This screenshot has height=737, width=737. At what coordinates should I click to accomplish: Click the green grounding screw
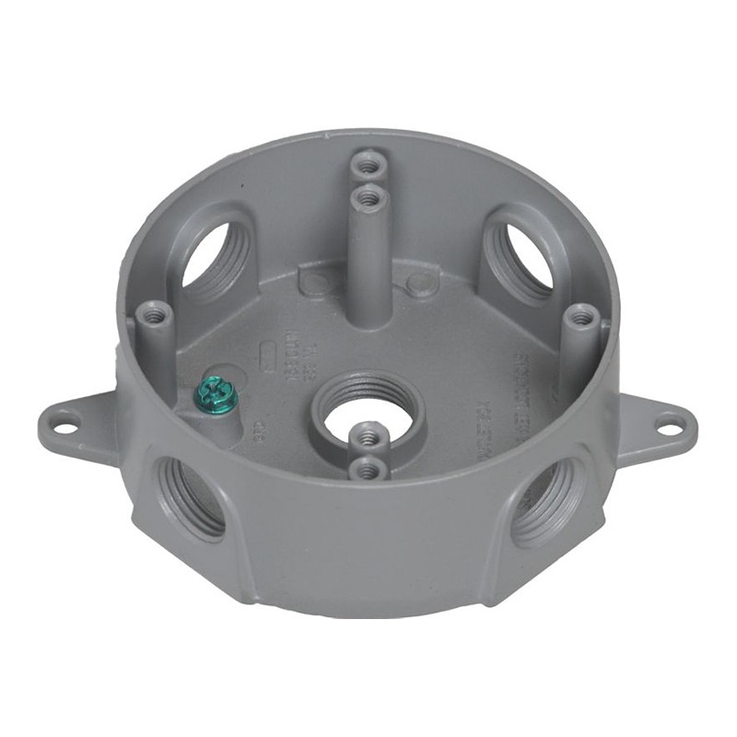tap(216, 394)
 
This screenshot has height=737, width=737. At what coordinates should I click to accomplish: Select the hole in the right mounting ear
tap(670, 426)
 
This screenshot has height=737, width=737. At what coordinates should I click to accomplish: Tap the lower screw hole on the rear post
tap(369, 196)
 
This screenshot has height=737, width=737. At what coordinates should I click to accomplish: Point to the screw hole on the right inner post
tap(579, 318)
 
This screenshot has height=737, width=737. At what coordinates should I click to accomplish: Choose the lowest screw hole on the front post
tap(368, 470)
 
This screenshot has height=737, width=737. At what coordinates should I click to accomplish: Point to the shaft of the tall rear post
tap(369, 267)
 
